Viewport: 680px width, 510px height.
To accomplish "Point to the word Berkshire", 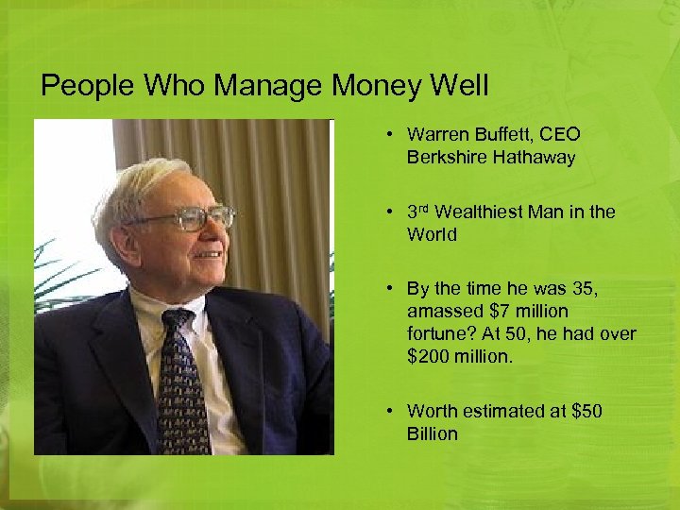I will coord(444,158).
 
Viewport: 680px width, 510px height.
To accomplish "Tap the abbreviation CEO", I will coord(560,135).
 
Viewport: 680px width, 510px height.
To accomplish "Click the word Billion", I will coord(433,433).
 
